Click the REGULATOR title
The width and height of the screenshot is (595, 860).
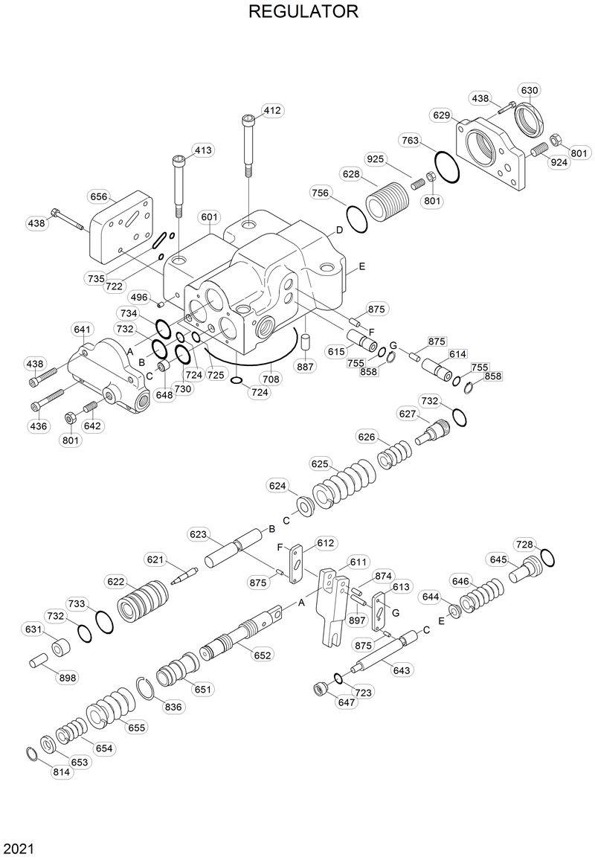point(303,12)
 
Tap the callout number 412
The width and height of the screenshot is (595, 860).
point(272,111)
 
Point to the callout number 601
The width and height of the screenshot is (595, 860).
point(210,217)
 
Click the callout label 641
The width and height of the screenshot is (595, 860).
point(82,330)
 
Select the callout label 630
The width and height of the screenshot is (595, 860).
point(530,90)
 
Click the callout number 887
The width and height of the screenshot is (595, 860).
point(306,366)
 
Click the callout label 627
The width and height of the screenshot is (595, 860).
point(407,414)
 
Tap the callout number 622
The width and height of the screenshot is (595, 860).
point(115,582)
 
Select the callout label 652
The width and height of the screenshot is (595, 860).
point(262,655)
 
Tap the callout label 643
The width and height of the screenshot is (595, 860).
point(401,670)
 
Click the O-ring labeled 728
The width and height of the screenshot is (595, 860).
point(547,557)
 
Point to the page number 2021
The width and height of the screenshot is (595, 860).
point(18,848)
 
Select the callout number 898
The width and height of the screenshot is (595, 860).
point(68,678)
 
